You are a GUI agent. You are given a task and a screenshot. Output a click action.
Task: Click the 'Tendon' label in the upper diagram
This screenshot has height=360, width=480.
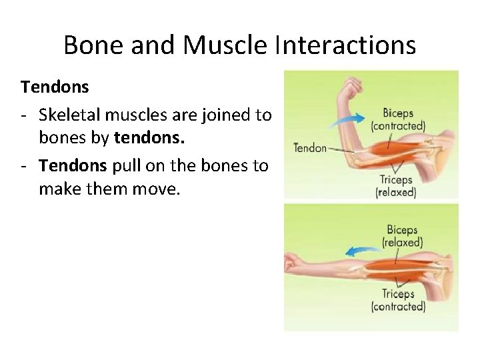point(310,147)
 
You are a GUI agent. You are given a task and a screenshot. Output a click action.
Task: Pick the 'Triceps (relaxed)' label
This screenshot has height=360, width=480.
point(395,186)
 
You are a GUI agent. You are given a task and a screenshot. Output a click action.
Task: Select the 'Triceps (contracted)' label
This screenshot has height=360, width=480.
point(398,300)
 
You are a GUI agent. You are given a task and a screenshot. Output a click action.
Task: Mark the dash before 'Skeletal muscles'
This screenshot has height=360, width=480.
point(23,115)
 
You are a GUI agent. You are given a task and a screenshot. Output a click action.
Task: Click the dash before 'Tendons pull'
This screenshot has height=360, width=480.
point(23,165)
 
